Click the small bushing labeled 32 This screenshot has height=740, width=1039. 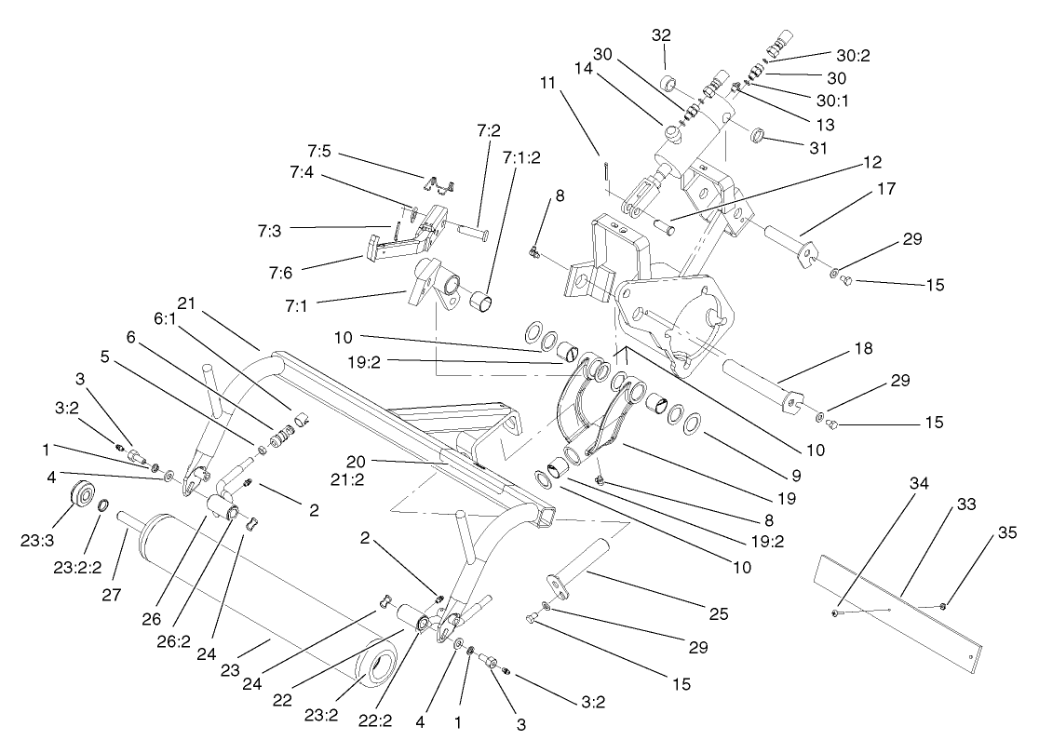click(x=667, y=85)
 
